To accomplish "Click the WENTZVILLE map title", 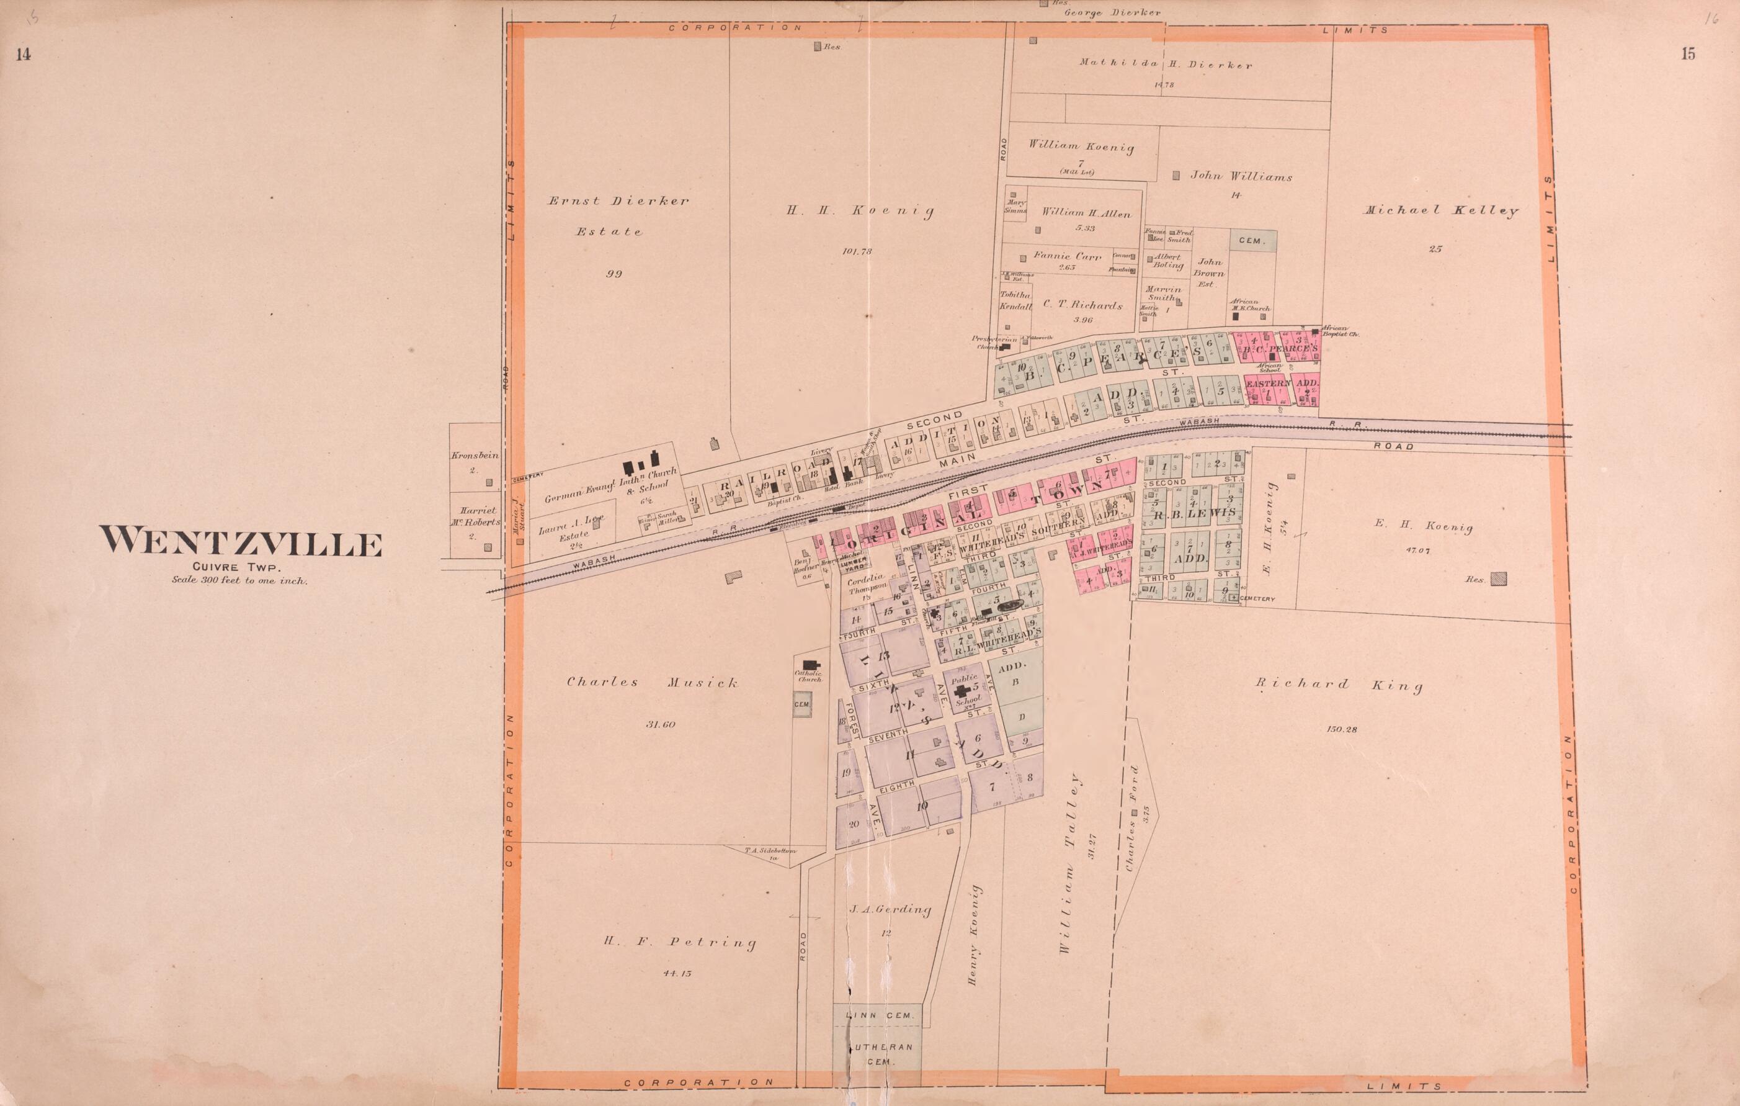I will (x=241, y=542).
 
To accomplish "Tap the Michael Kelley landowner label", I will (x=1440, y=211).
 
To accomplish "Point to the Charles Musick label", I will (x=652, y=681).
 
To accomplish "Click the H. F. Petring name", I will (x=680, y=942).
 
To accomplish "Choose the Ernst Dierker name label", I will (x=617, y=201).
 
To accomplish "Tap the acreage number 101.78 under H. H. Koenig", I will (x=857, y=251).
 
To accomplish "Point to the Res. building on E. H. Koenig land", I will (x=1499, y=578).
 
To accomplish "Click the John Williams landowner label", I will (x=1241, y=176).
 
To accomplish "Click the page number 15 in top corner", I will (x=1687, y=54).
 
